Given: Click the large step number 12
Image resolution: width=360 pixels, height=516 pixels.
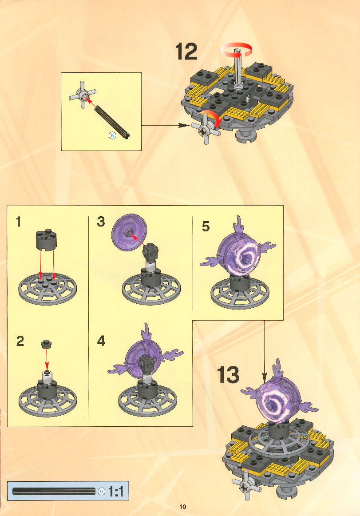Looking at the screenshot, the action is [x=186, y=52].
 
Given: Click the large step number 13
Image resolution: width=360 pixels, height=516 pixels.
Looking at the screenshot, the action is [x=228, y=375].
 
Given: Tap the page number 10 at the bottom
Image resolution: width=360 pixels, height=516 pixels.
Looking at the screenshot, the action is [x=183, y=507].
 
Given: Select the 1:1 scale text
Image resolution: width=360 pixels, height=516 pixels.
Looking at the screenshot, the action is [x=116, y=492].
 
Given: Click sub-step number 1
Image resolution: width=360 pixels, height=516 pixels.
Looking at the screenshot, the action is [x=19, y=222].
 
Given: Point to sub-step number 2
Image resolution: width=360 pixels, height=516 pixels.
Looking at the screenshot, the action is [x=20, y=341].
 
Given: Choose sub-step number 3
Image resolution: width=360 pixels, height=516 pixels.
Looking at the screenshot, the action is [x=101, y=222].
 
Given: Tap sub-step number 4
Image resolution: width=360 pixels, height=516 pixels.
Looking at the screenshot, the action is [x=101, y=341].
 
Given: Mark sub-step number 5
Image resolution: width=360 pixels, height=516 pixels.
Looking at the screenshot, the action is [x=206, y=226].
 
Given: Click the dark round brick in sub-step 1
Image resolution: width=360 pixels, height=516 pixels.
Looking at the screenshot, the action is [x=46, y=240].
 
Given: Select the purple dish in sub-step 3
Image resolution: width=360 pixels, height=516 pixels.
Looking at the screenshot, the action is [x=129, y=233].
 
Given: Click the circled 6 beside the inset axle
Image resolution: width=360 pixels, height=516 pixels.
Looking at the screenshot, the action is [x=112, y=135].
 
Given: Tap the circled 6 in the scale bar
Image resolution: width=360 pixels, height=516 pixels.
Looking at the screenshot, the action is [x=102, y=492].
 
